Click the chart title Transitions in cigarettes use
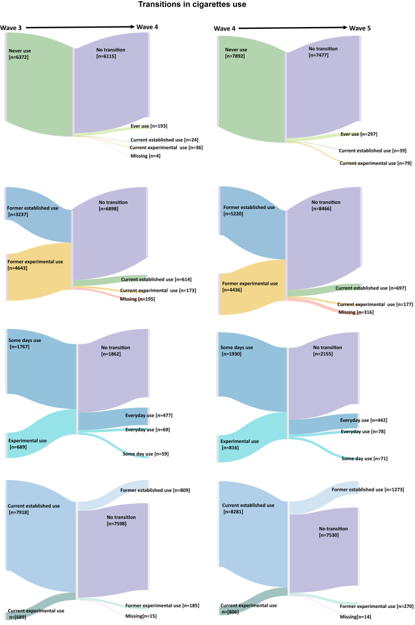[207, 5]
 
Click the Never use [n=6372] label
[19, 54]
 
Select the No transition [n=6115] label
[111, 54]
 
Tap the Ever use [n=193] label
[150, 127]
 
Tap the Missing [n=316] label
[355, 312]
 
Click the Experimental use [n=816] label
[239, 444]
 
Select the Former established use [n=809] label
[155, 490]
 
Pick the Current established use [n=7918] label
[34, 509]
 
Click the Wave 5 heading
[360, 28]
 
